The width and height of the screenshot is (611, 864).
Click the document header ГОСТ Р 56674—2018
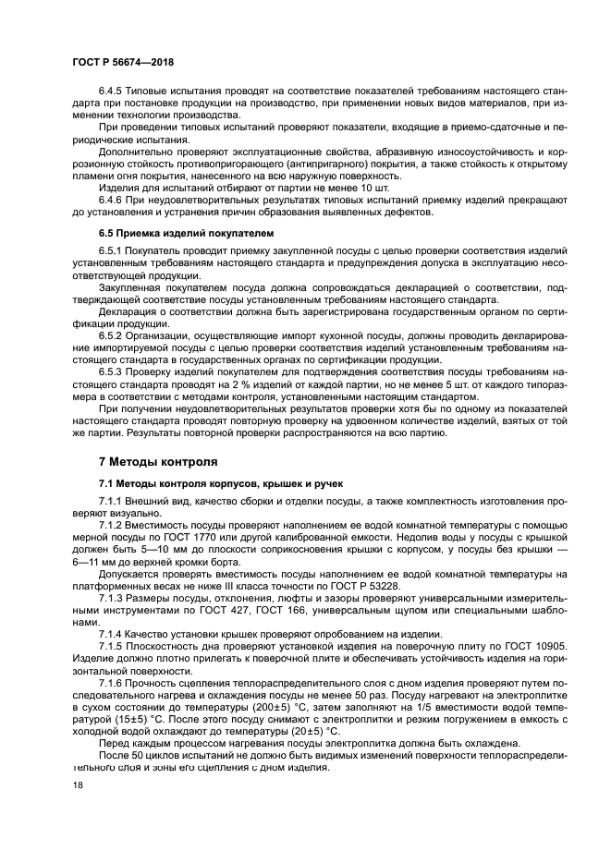[x=122, y=61]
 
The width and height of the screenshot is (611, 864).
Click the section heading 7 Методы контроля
[x=158, y=461]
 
